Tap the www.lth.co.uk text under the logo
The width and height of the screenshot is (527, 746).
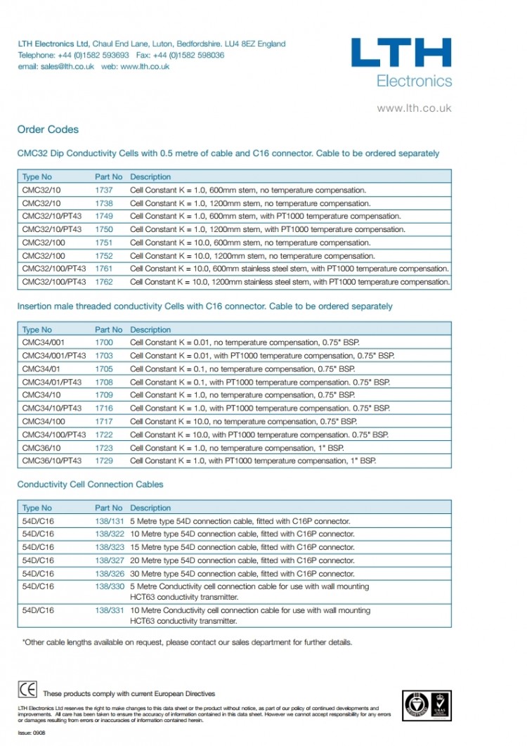[x=414, y=108]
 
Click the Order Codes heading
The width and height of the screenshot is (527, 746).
[x=48, y=129]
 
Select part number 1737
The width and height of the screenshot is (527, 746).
[x=104, y=190]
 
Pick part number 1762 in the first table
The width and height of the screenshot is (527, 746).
[x=104, y=282]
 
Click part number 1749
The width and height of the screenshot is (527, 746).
[x=104, y=216]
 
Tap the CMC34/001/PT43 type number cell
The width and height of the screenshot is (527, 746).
[x=54, y=356]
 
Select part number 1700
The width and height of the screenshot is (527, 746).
[x=104, y=342]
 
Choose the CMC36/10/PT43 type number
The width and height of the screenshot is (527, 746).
[x=52, y=461]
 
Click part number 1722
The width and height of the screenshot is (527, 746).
[x=104, y=435]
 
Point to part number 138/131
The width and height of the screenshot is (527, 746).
[x=110, y=521]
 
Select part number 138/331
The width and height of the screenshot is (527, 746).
[x=110, y=610]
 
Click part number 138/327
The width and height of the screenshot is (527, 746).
[x=110, y=560]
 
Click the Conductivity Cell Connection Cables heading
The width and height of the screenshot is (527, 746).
[x=90, y=484]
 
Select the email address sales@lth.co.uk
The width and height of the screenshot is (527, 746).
[x=56, y=66]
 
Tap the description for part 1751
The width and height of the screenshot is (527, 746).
[x=250, y=243]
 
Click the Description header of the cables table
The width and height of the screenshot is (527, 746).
[x=150, y=508]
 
